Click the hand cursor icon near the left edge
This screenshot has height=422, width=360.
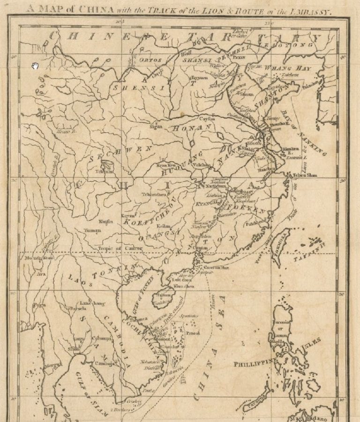36,66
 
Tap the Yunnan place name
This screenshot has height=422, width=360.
92,230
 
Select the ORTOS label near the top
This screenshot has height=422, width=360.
150,60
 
